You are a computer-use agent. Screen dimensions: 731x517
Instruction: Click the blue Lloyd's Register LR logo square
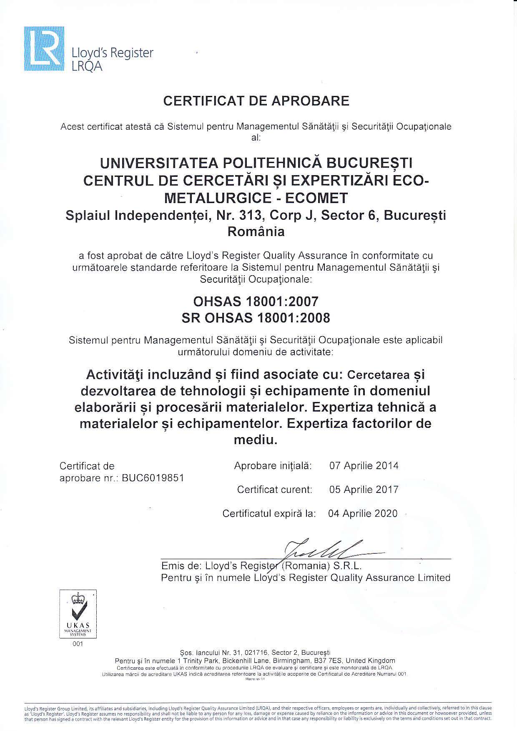pos(44,48)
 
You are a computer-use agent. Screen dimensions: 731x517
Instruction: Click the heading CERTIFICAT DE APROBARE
pos(256,101)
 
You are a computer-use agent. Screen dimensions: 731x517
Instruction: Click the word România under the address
pos(256,231)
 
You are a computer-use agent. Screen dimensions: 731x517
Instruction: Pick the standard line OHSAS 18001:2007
pos(256,301)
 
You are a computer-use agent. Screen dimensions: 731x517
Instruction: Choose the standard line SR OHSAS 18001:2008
pos(256,318)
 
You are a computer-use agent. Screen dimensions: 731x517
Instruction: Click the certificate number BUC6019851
pos(153,478)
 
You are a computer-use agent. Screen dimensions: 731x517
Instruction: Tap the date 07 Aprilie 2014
pos(364,466)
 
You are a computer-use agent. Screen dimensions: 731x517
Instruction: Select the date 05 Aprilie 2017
pos(364,490)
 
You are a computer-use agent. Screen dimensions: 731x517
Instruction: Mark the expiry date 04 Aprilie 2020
pos(363,513)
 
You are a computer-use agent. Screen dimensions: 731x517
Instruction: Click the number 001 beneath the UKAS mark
pos(78,643)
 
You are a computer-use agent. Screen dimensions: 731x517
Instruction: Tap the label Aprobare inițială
pos(273,466)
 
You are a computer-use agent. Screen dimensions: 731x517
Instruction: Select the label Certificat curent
pos(275,490)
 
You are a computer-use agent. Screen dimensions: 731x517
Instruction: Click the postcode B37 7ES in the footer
pos(331,661)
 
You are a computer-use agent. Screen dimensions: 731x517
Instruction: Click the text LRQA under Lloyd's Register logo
pos(87,66)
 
